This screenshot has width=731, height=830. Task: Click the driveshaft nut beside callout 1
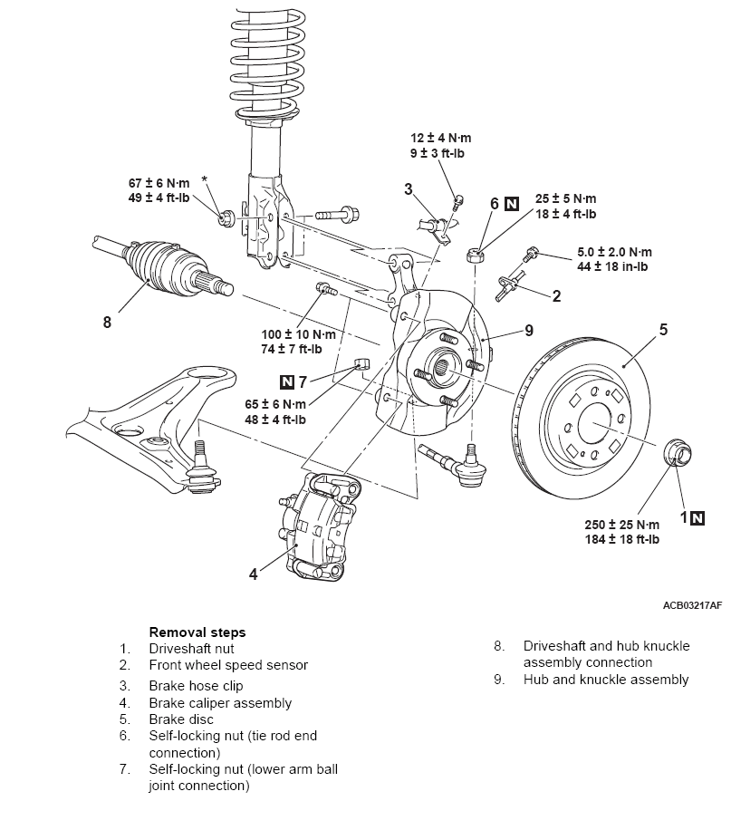click(678, 451)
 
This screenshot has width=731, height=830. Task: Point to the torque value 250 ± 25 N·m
click(622, 525)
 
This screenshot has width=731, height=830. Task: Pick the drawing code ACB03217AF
click(692, 604)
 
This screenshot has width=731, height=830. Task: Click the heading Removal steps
click(197, 632)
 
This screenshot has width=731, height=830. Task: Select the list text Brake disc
click(181, 719)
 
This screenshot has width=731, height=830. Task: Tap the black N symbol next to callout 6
click(513, 204)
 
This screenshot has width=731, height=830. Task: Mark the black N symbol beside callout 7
click(289, 381)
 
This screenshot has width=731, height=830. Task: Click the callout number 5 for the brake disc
click(663, 330)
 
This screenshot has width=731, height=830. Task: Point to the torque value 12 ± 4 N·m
click(440, 138)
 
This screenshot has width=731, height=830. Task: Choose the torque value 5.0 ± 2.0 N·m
click(614, 252)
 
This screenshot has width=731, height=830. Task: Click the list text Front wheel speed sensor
click(228, 665)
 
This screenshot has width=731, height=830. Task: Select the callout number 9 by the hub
click(530, 330)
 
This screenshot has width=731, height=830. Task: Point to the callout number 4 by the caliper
click(254, 574)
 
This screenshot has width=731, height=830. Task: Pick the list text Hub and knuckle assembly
click(605, 680)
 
